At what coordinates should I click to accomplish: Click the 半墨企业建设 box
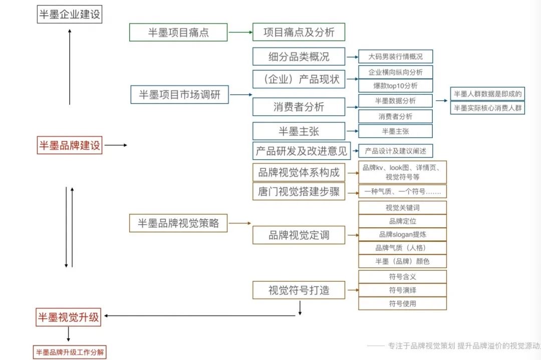pos(70,14)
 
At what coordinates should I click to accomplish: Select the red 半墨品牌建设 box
pos(70,145)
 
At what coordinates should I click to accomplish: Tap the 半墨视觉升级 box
pos(69,316)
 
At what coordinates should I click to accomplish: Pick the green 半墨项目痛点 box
pos(178,33)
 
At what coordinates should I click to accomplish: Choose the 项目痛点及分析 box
pos(299,33)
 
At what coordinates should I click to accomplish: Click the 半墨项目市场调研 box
pos(179,94)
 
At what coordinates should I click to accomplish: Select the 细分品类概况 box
pos(299,57)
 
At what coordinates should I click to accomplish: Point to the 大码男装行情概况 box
pos(395,57)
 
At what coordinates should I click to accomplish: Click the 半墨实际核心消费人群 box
pos(487,108)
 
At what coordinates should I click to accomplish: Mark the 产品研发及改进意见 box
pos(301,151)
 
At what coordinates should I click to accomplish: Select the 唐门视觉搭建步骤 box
pos(299,191)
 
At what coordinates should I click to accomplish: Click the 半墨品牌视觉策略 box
pos(178,223)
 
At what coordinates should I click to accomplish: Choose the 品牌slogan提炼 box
pos(402,234)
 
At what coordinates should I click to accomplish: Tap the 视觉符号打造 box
pos(299,290)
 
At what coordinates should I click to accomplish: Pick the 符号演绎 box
pos(402,290)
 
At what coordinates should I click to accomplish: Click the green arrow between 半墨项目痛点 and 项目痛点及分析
pos(240,33)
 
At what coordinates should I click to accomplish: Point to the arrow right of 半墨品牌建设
pos(116,145)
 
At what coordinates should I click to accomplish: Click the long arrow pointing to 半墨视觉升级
pos(200,316)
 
